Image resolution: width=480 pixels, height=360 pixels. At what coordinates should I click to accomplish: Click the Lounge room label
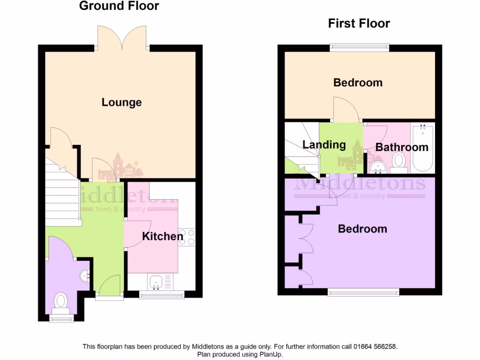coord(121,102)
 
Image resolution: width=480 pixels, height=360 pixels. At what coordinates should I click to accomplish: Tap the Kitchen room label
coord(162,236)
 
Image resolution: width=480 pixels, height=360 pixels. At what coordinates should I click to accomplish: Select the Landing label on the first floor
coord(324,145)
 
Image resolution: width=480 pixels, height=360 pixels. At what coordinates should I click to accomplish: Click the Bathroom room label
coord(402,147)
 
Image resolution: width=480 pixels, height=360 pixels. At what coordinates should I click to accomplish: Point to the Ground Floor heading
coord(119,6)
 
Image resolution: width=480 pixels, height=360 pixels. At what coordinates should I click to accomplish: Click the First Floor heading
coord(359,23)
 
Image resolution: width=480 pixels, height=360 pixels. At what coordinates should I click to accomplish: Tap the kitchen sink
coord(156,281)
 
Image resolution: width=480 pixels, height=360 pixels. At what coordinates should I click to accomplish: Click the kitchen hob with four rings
coord(187,237)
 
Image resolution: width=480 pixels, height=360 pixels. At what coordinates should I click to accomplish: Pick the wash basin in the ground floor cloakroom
coord(85,275)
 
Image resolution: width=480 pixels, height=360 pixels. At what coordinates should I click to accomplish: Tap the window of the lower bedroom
coord(363,292)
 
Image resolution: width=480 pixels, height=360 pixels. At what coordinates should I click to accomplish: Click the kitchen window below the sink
coord(162,294)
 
